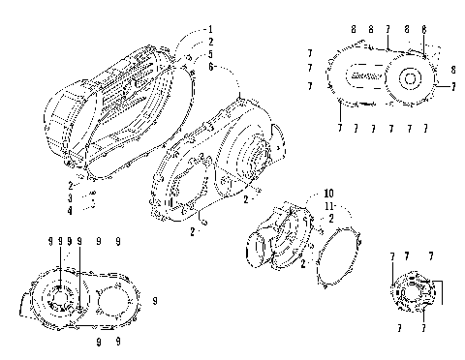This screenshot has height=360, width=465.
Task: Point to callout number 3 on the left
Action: point(70,197)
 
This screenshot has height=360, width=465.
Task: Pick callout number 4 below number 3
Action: point(70,209)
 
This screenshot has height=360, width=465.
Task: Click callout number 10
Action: point(301,193)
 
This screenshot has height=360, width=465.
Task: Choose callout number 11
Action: point(301,205)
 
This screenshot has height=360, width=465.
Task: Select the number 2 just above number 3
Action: point(70,185)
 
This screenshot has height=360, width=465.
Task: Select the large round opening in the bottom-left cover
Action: point(113,299)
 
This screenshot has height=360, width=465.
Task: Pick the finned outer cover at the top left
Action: point(116,97)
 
